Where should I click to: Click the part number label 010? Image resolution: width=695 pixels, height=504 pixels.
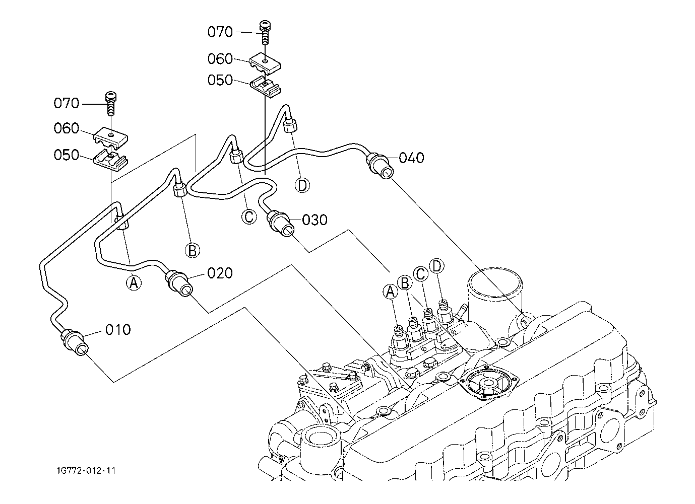click(118, 329)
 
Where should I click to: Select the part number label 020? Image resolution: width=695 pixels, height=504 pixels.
click(220, 273)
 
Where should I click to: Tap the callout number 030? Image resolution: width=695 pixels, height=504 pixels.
click(314, 220)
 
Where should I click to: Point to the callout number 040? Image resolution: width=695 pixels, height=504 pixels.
click(411, 158)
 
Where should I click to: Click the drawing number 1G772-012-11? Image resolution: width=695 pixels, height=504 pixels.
click(86, 471)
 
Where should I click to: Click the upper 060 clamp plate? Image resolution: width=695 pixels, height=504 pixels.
click(265, 64)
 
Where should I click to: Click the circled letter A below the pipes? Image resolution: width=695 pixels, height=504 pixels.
click(134, 282)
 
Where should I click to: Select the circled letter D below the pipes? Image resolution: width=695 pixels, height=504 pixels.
click(302, 185)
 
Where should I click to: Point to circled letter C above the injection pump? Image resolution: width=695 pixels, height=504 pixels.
click(421, 274)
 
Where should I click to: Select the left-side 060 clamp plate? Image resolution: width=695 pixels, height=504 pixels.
click(111, 136)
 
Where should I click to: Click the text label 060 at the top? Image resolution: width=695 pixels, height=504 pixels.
click(220, 58)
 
